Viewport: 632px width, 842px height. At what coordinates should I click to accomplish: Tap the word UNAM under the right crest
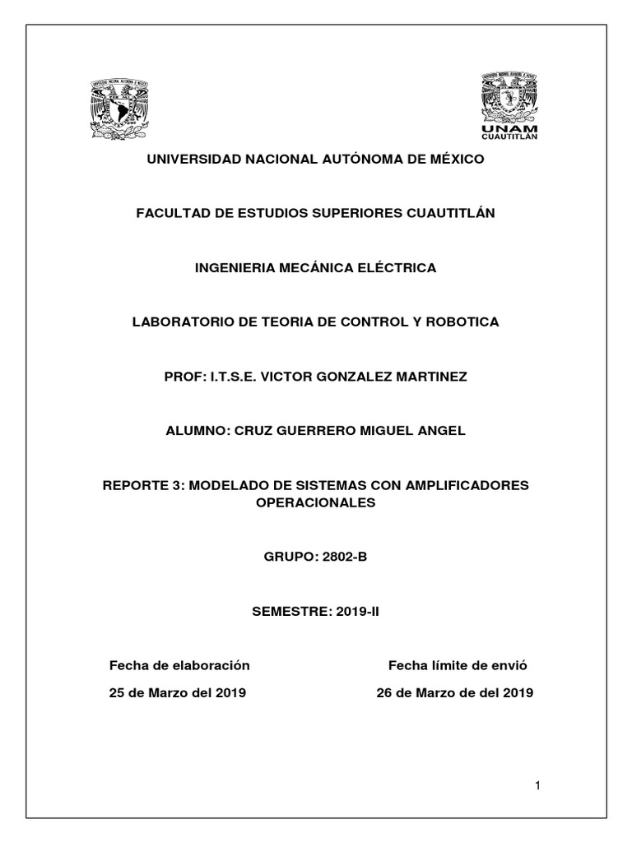click(x=510, y=129)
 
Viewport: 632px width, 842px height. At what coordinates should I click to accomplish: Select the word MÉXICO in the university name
click(x=453, y=159)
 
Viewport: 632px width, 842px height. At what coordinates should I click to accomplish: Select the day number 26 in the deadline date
click(x=383, y=692)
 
